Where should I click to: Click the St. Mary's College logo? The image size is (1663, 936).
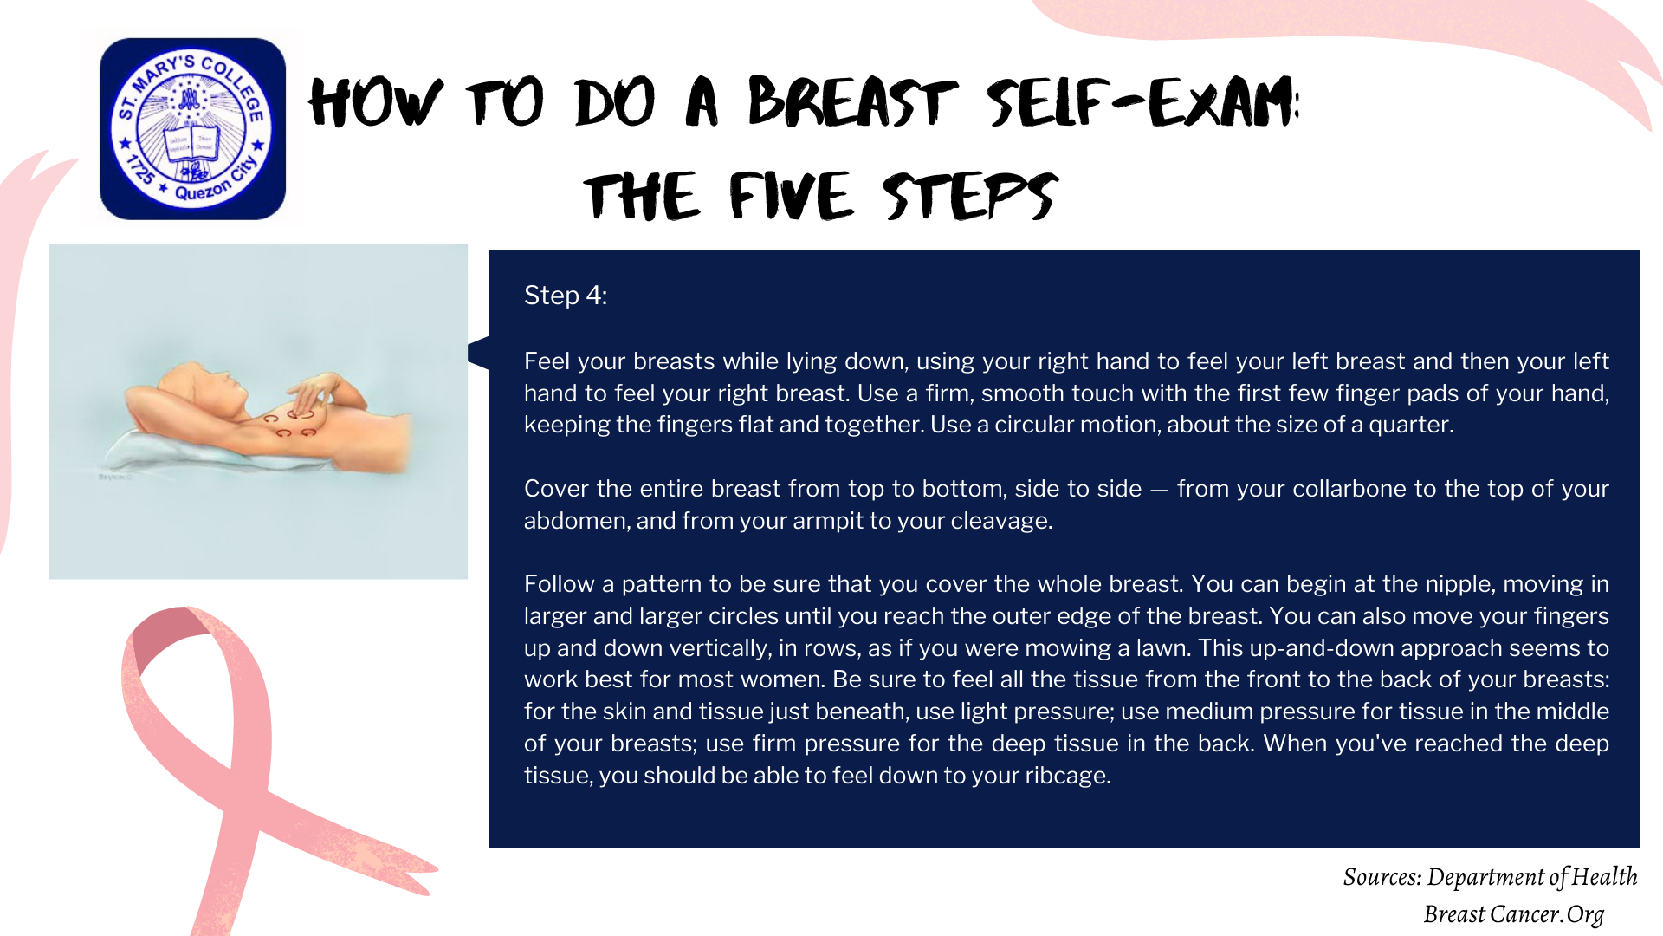coord(192,128)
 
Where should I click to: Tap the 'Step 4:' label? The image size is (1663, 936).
coord(566,296)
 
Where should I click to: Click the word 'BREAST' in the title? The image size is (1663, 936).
coord(852,102)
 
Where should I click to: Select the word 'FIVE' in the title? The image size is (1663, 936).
coord(792,196)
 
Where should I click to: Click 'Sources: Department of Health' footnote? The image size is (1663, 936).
coord(1490,877)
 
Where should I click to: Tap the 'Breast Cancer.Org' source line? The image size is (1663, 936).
coord(1513,914)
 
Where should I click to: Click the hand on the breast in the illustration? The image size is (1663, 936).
coord(312,394)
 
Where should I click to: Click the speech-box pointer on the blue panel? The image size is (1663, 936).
coord(479,353)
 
